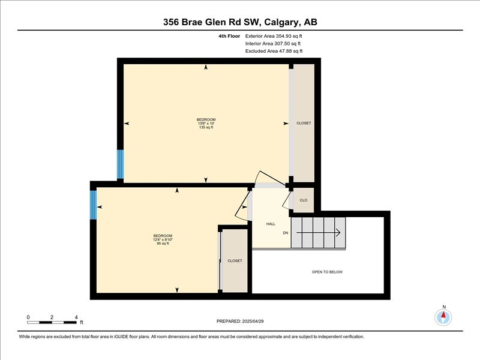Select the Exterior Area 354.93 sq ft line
[x=274, y=36]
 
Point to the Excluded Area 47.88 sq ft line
[x=274, y=51]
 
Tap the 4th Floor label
[x=229, y=36]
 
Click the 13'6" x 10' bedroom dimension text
[x=206, y=124]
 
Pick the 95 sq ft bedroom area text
[x=163, y=244]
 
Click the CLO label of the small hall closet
[x=304, y=200]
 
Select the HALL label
[x=271, y=224]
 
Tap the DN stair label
[x=286, y=233]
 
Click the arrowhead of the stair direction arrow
[x=338, y=233]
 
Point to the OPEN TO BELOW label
[x=327, y=272]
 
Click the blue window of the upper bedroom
[x=121, y=164]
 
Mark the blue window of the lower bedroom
[x=94, y=205]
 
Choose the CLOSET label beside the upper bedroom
[x=304, y=123]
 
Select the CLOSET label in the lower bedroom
[x=235, y=261]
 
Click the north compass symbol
[x=443, y=317]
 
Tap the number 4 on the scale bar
[x=76, y=317]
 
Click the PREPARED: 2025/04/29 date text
[x=240, y=321]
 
